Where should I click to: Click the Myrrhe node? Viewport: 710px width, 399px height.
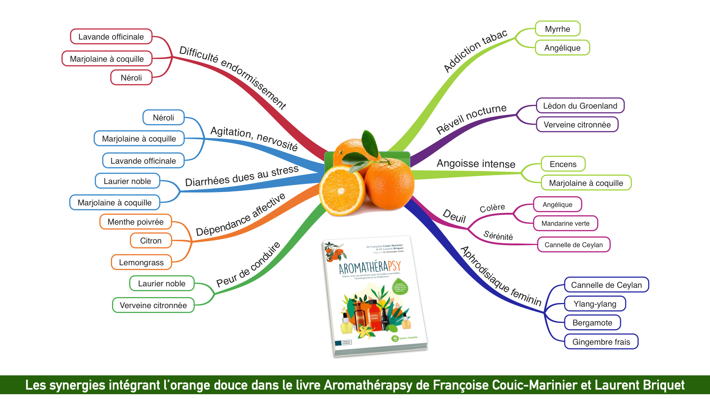coord(558,29)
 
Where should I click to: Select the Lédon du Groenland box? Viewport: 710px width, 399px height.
coord(580,106)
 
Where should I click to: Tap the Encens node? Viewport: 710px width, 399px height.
coord(563,164)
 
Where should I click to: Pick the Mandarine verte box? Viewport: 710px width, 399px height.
coord(565,224)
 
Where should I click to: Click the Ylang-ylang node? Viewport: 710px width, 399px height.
coord(595,304)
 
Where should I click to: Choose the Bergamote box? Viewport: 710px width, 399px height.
coord(592,323)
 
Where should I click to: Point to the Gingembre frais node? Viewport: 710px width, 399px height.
coord(601,342)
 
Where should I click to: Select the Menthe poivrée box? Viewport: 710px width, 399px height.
coord(135,222)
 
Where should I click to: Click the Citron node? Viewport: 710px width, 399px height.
coord(151,241)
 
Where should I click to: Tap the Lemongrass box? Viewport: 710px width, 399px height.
coord(141,262)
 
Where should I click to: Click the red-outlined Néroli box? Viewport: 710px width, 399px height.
coord(131,78)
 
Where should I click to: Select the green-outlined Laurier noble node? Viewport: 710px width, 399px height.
coord(162,283)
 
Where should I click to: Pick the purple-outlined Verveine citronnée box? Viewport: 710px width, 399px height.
coord(577,125)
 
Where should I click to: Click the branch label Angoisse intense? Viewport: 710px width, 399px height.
coord(476,164)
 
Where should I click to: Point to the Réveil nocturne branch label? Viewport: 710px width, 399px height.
coord(471,118)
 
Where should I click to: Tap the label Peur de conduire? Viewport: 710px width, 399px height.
coord(248,265)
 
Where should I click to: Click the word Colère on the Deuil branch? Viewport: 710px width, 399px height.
coord(492,208)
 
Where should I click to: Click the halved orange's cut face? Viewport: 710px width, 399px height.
coord(341,190)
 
